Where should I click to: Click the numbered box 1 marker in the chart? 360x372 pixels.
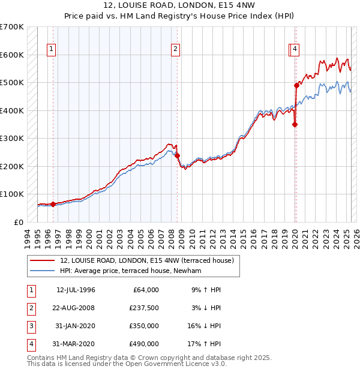[x=51, y=50]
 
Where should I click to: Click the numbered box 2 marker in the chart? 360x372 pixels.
[x=175, y=50]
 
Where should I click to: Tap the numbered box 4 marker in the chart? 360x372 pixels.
[x=296, y=50]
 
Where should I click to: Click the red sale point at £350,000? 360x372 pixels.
[x=295, y=124]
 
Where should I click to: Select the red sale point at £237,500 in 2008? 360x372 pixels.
[x=178, y=156]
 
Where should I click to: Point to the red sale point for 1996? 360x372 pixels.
[x=53, y=204]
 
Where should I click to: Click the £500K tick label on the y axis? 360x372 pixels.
[x=12, y=83]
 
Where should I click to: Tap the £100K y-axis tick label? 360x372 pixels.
[x=12, y=194]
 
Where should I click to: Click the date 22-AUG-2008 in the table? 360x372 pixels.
[x=76, y=308]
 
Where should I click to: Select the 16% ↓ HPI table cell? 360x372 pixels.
[x=204, y=326]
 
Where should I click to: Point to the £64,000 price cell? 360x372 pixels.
[x=145, y=290]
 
